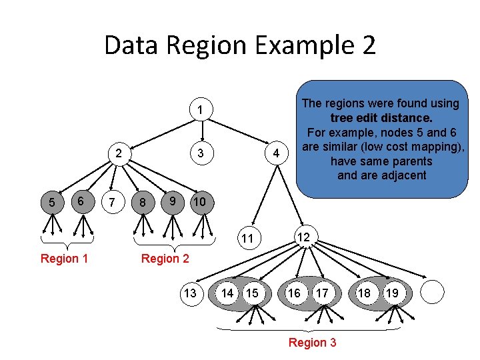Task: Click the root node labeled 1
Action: tap(199, 109)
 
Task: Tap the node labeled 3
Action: tap(199, 155)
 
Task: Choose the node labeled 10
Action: tap(199, 201)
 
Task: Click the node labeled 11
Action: tap(247, 239)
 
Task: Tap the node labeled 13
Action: tap(190, 293)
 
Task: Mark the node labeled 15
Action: tap(252, 293)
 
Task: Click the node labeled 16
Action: tap(294, 293)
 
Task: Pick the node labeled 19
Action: tap(393, 293)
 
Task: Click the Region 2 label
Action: tap(165, 259)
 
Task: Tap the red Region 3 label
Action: tap(312, 343)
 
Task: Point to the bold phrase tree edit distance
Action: tap(381, 118)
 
